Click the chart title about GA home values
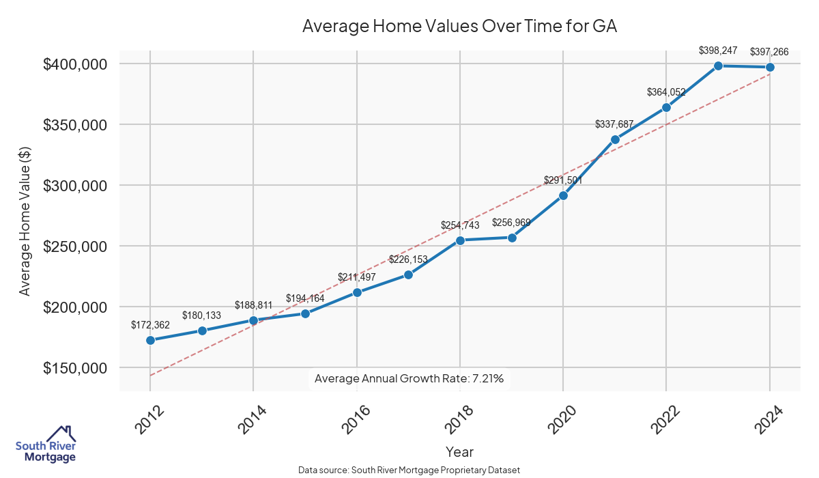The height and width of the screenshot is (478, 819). click(459, 26)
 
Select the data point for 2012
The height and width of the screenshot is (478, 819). click(150, 340)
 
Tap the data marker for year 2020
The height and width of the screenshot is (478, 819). click(563, 195)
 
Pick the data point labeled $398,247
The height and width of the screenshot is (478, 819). click(718, 66)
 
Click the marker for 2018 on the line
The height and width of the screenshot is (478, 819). click(460, 240)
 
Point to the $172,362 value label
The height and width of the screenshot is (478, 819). click(150, 325)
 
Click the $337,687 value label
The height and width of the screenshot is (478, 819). click(614, 124)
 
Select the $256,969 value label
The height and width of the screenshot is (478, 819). click(511, 223)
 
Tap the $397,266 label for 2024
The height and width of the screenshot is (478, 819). click(770, 52)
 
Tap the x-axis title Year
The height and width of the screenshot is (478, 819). click(459, 452)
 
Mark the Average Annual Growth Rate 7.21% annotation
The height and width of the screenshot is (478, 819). click(409, 378)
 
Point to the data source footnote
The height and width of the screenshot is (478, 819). click(409, 470)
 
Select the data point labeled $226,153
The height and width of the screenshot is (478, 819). click(408, 275)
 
